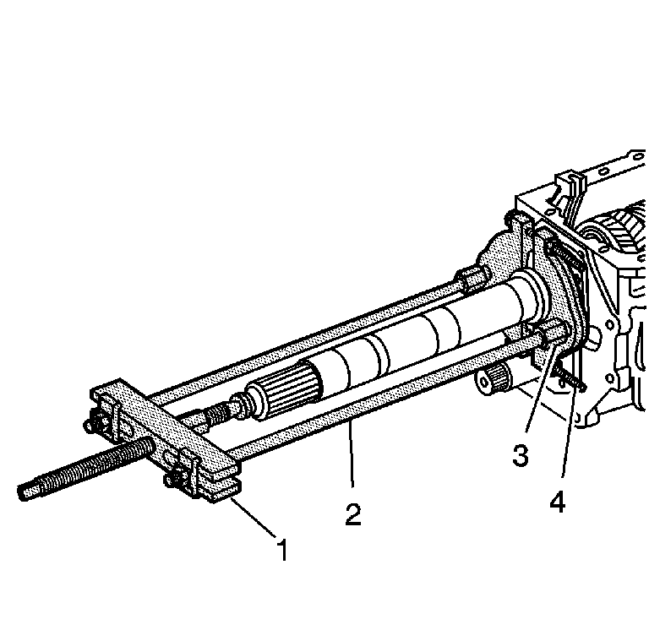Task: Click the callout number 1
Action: coord(283,550)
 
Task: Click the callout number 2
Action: coord(353,514)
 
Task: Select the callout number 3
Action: coord(521,454)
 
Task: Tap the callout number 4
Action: coord(558,502)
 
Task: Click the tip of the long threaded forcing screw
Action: coord(20,493)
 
